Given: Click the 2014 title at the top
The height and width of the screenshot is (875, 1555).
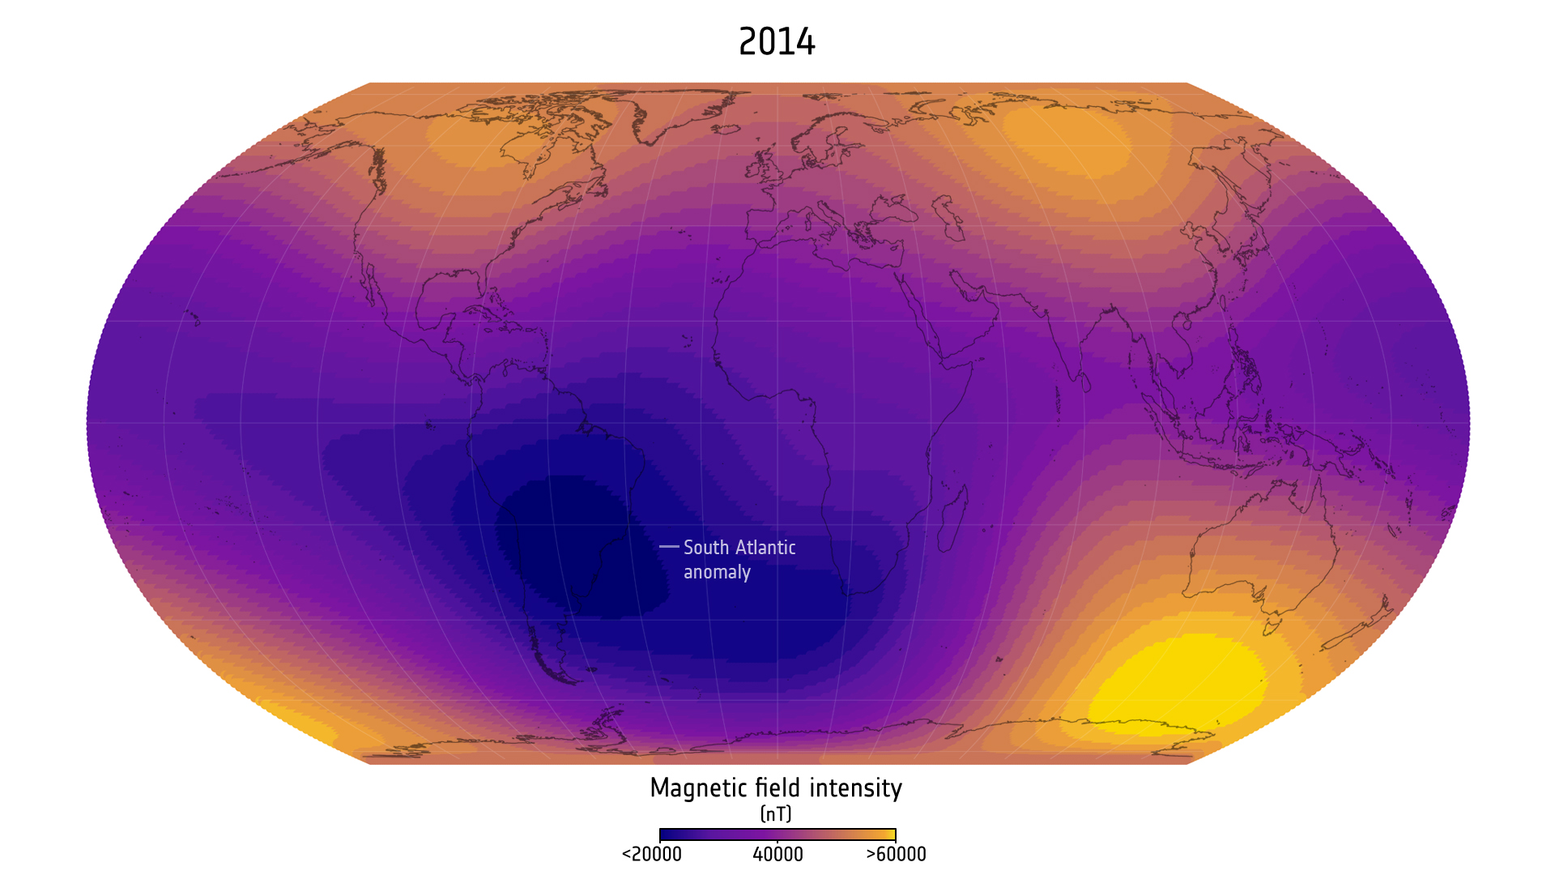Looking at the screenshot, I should (x=777, y=42).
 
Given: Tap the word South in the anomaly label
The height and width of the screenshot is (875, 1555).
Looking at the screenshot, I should (x=705, y=548).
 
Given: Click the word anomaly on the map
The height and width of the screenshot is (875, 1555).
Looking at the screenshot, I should (x=717, y=573).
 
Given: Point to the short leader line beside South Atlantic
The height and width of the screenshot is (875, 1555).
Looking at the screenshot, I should (x=669, y=547).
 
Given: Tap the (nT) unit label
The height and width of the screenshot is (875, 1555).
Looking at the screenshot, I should (x=776, y=813).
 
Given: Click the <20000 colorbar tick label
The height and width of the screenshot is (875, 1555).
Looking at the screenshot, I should (x=651, y=855).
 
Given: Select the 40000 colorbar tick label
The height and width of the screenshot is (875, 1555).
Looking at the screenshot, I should (x=777, y=855).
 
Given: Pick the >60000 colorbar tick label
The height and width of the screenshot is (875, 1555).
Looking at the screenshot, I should (x=896, y=855).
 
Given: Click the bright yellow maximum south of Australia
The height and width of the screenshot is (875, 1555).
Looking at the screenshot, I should (x=1178, y=681).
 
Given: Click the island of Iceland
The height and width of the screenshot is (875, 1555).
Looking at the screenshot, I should (x=726, y=129).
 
